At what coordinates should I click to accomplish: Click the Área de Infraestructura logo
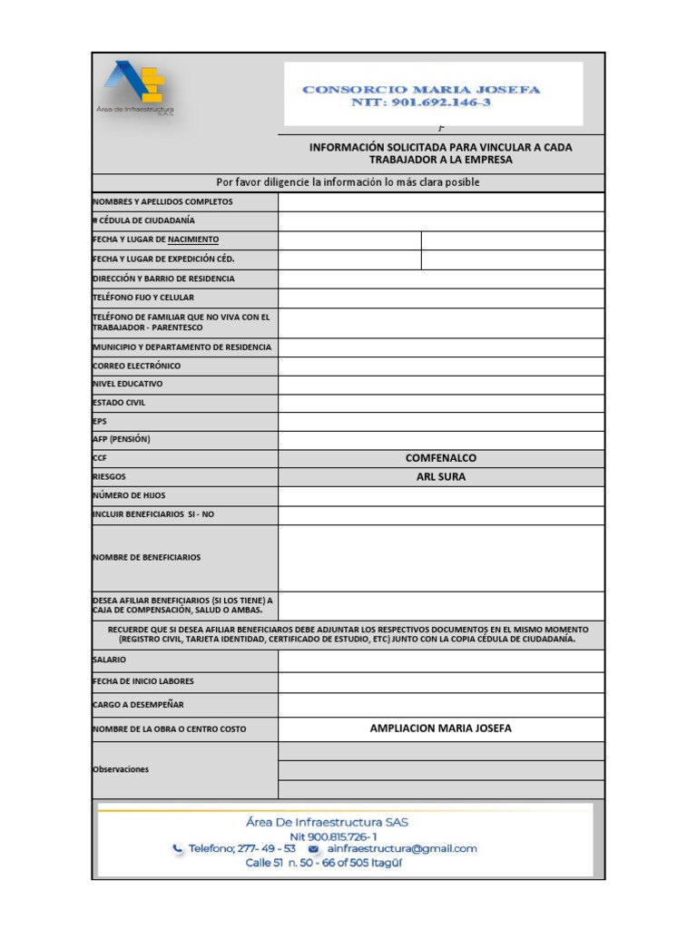point(136,88)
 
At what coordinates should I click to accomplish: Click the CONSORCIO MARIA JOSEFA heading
point(421,90)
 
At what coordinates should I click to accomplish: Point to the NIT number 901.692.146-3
point(421,103)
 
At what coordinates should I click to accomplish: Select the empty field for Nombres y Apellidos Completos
point(441,202)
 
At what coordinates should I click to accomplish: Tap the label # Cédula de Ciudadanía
point(143,220)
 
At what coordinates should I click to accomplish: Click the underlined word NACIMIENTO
point(193,240)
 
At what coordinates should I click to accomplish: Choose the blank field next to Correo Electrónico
point(441,367)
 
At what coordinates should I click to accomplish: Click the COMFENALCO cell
point(441,459)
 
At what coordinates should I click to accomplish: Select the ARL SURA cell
point(441,477)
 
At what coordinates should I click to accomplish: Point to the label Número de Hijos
point(129,496)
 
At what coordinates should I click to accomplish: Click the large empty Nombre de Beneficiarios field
point(441,558)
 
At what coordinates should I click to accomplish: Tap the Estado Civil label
point(119,403)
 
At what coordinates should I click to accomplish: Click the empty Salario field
point(441,660)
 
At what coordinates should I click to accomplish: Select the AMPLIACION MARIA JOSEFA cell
point(441,729)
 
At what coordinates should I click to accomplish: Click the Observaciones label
point(121,769)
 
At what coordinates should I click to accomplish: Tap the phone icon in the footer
point(177,849)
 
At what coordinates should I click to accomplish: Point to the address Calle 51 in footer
point(324,863)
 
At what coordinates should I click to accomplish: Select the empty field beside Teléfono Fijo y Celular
point(441,298)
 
